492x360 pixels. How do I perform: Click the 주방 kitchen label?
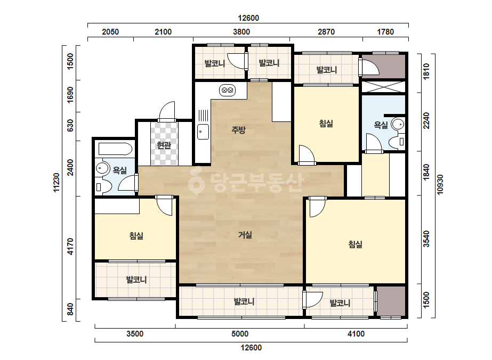[238, 130]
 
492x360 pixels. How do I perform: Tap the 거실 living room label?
[245, 234]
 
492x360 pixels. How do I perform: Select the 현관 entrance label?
[164, 145]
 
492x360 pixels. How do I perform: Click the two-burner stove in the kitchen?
[227, 91]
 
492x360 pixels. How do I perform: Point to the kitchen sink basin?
[203, 132]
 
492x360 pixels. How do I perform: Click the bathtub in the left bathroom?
[115, 149]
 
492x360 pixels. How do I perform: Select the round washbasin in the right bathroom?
[398, 125]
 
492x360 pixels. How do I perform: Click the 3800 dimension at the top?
[241, 31]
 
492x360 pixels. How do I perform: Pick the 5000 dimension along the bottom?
[240, 334]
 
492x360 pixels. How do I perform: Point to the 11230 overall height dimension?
[57, 183]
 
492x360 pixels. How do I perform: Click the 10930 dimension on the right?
[440, 185]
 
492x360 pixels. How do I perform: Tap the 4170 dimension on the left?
[70, 247]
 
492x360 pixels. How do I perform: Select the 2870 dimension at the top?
[326, 31]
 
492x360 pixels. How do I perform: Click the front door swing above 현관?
[167, 111]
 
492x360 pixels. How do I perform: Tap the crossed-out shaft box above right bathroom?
[384, 87]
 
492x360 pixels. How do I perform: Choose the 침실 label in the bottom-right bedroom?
[356, 244]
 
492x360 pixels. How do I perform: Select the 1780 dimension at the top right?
[385, 31]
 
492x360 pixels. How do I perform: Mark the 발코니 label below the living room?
[244, 301]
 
